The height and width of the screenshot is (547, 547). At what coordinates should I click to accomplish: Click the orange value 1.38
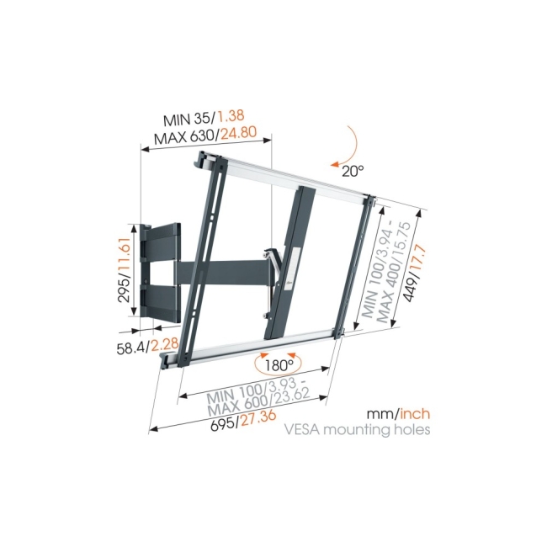coord(231,116)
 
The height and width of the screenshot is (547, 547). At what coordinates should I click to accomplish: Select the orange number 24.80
coord(239,133)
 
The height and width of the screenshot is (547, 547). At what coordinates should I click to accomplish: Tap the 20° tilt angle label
coord(353,171)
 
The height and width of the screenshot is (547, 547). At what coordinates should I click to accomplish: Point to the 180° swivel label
coord(279,365)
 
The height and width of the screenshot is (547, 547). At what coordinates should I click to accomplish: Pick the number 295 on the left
coord(125,289)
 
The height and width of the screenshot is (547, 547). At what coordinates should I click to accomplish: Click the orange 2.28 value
coord(165,344)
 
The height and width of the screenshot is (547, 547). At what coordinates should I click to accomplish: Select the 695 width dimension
coord(224,423)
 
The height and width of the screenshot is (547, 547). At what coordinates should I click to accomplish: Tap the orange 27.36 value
coord(258,417)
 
